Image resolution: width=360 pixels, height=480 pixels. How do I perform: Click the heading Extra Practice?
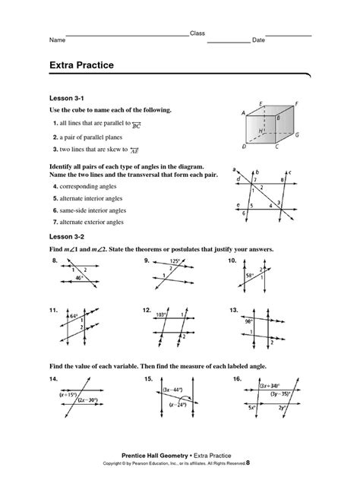click(82, 66)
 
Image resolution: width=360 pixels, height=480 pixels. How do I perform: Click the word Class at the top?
click(197, 33)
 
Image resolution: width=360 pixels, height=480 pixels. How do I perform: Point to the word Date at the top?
click(258, 39)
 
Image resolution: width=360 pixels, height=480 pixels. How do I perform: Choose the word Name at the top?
click(55, 39)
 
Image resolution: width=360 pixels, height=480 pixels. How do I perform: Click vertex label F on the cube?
click(297, 102)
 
